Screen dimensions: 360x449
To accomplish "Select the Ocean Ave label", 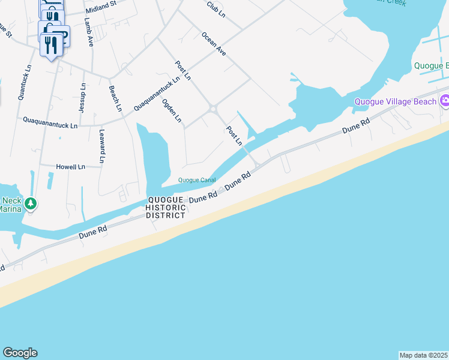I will coord(214,44).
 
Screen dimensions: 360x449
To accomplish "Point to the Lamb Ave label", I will coord(89,32).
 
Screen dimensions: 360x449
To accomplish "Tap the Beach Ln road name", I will coord(115,98).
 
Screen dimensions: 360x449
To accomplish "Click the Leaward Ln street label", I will coord(102,146).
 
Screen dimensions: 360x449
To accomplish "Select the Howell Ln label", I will coord(70,167).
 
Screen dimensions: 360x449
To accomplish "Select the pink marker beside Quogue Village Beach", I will coord(444,101).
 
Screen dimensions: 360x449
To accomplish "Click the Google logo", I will coord(20,353).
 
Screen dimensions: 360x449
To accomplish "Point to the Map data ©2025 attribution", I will coord(424,355).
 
